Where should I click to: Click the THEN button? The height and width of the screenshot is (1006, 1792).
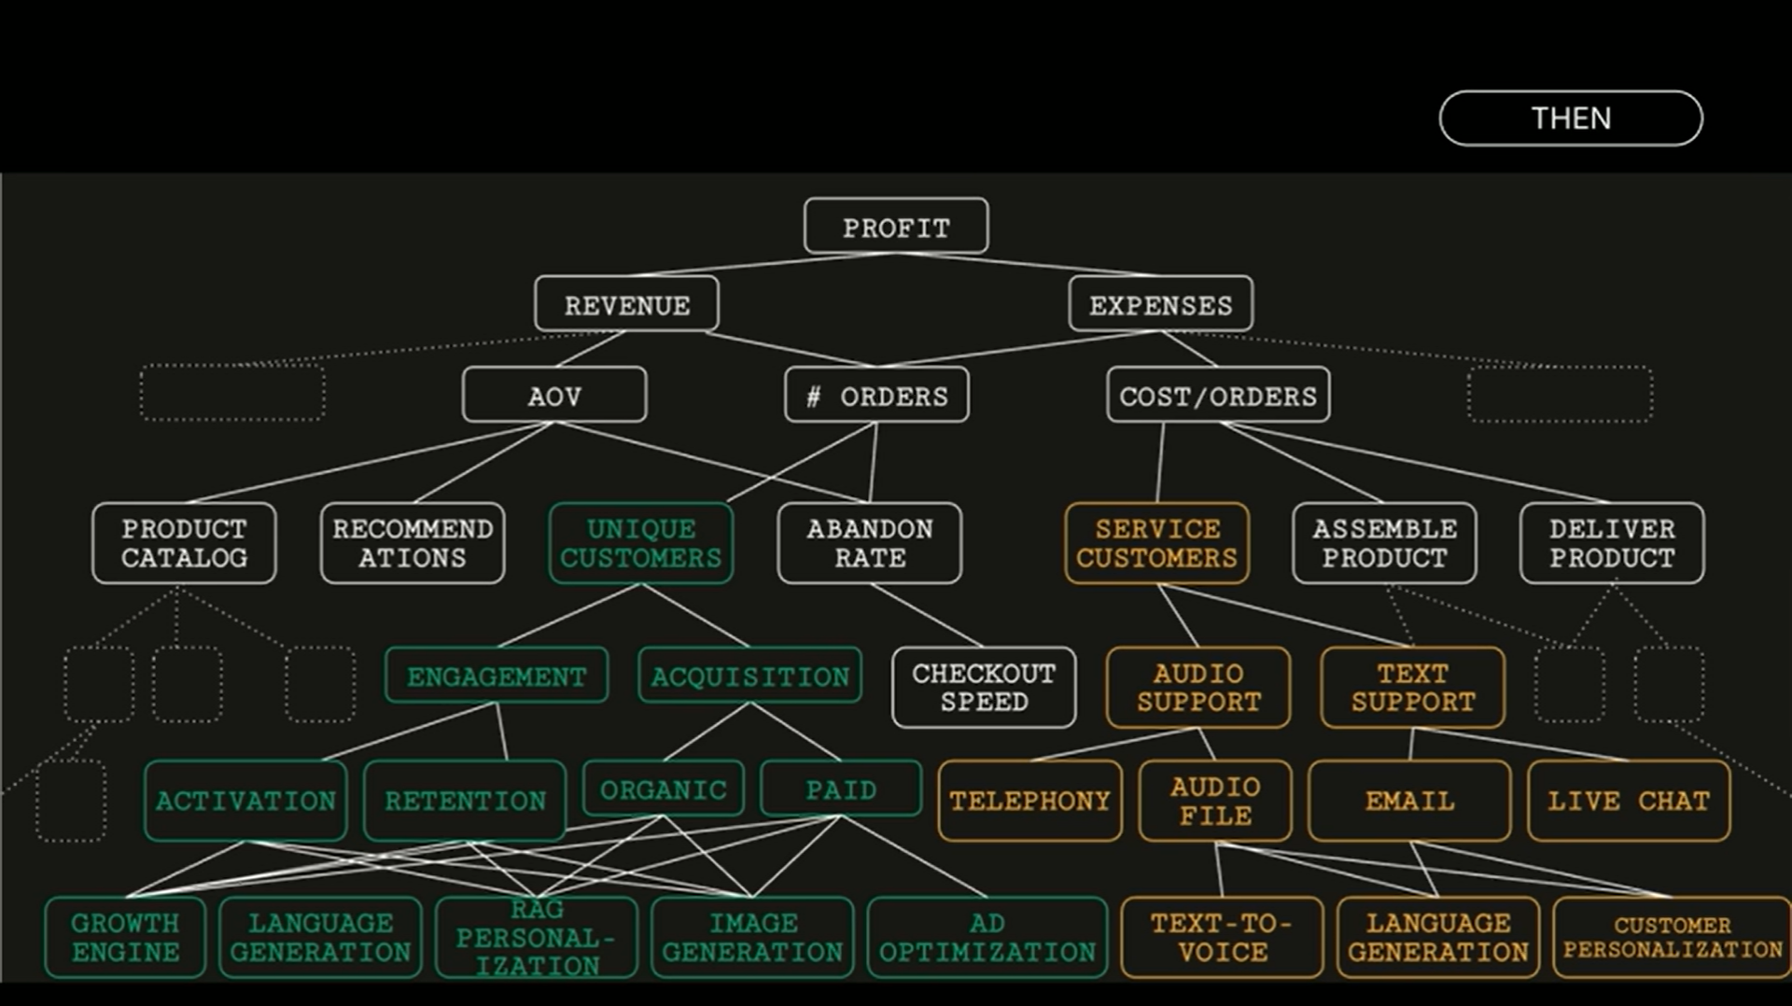tap(1571, 119)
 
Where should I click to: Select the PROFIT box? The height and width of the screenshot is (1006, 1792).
tap(896, 226)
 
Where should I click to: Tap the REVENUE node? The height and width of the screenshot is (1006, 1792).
tap(627, 303)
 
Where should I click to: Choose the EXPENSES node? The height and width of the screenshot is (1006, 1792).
tap(1161, 303)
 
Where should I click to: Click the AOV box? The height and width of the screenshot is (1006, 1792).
tap(554, 395)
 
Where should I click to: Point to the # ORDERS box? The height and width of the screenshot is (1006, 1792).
tap(876, 395)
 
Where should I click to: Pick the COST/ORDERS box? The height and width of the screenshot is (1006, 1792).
tap(1218, 395)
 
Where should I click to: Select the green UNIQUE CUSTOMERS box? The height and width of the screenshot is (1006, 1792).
tap(641, 543)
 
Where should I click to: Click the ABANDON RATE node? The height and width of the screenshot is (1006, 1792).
tap(870, 543)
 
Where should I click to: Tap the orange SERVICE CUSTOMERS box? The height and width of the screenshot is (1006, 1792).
tap(1157, 543)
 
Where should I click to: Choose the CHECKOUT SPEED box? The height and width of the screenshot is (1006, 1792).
tap(984, 688)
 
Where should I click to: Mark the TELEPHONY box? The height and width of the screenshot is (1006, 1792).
tap(1030, 801)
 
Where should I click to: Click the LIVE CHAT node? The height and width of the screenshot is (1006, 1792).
tap(1629, 801)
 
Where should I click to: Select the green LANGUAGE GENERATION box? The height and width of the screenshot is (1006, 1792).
tap(320, 938)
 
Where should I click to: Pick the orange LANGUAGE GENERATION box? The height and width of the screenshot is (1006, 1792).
tap(1438, 938)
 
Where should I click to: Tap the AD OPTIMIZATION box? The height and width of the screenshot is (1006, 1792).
tap(987, 938)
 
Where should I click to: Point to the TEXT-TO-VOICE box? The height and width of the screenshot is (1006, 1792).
tap(1222, 938)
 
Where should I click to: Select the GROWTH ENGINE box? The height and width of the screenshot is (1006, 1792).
tap(125, 938)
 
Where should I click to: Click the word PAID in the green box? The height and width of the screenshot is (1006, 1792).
tap(841, 790)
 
